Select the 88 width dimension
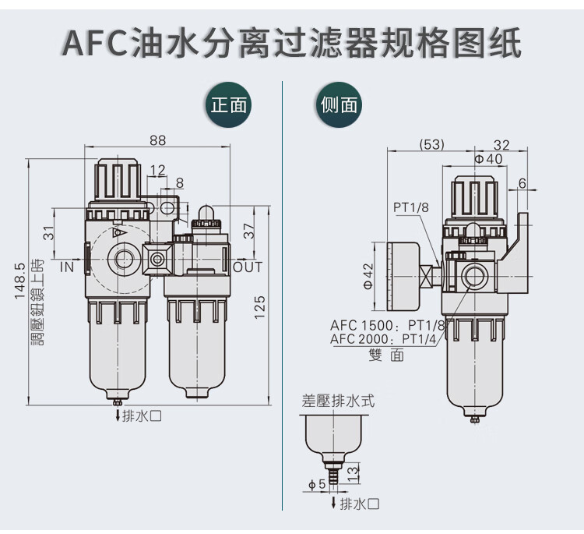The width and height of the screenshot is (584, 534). (158, 141)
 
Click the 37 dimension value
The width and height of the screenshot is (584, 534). (248, 232)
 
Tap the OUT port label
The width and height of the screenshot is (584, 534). (248, 267)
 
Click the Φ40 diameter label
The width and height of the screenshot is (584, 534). (488, 159)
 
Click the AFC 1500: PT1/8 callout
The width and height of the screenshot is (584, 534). (387, 325)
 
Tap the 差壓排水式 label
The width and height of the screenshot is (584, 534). (338, 401)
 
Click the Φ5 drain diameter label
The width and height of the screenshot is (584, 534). (316, 485)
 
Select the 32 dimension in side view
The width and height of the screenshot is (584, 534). (501, 144)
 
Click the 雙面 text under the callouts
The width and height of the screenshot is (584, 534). (386, 355)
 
